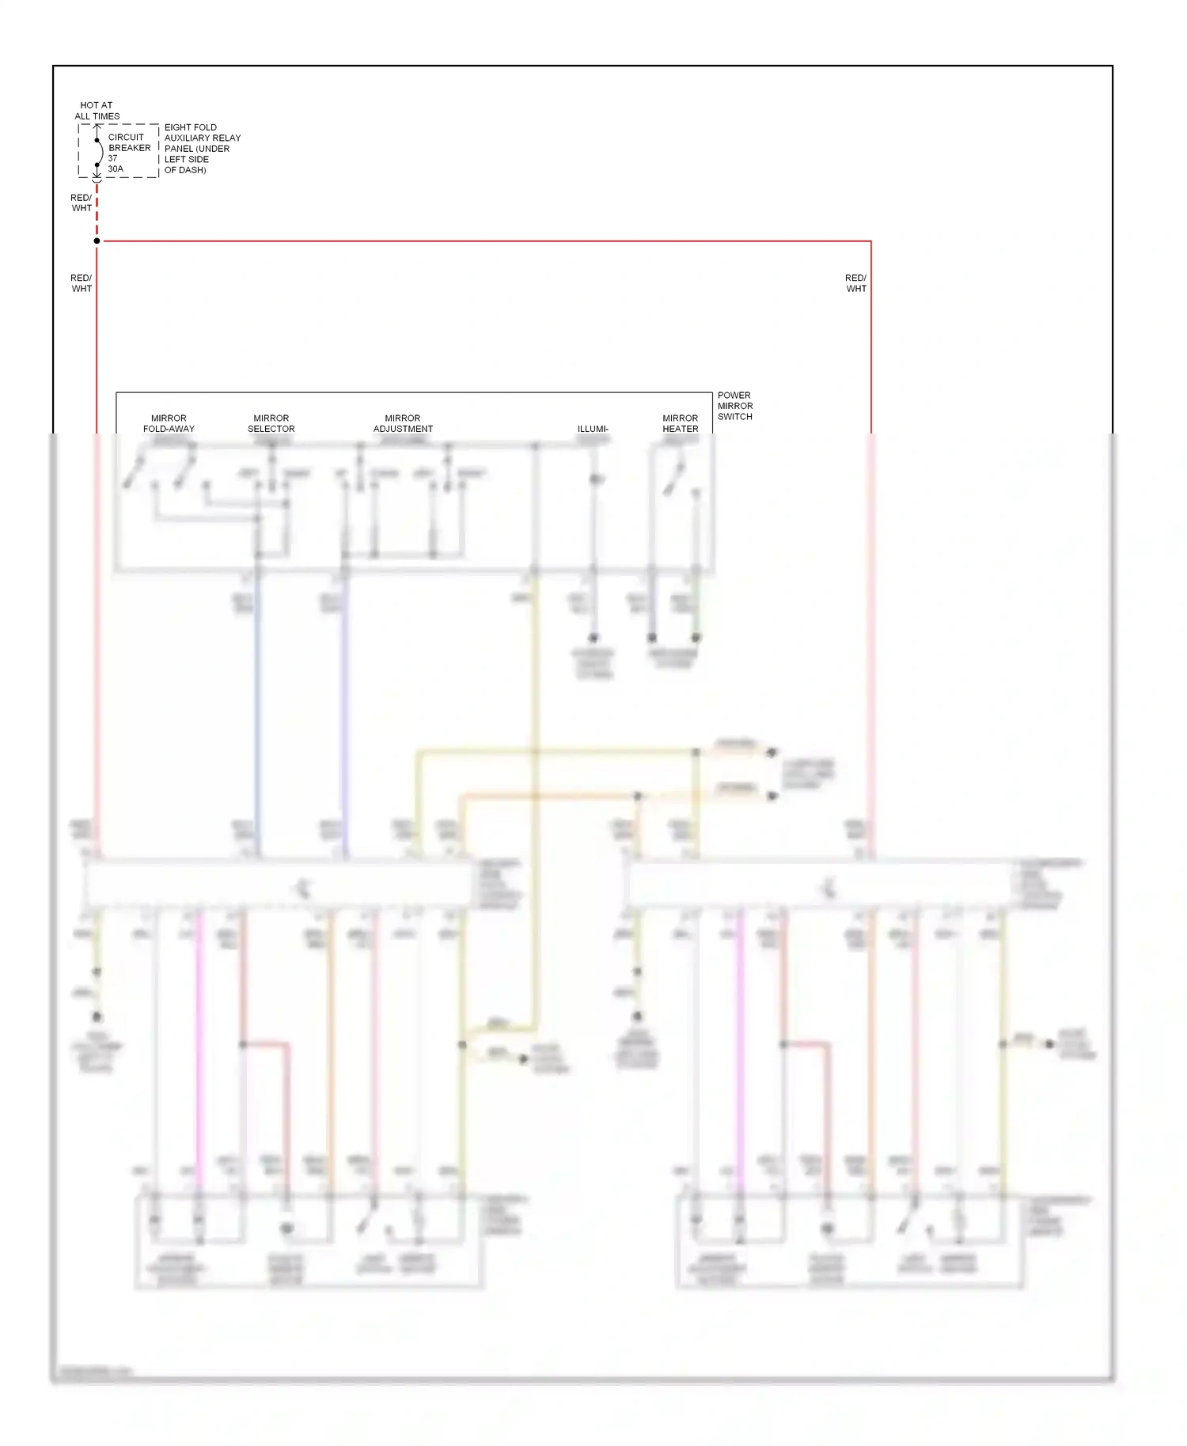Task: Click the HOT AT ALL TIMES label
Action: (x=97, y=111)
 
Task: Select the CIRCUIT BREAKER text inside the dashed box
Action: (x=129, y=142)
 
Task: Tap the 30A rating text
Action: (x=116, y=169)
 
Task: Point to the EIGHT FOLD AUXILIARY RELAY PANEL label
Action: (x=201, y=148)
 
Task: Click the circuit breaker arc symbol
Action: (x=99, y=152)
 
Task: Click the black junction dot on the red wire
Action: (x=97, y=240)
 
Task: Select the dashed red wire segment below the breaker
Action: (x=97, y=214)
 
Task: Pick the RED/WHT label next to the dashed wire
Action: (x=81, y=203)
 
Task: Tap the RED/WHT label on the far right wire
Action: (x=855, y=283)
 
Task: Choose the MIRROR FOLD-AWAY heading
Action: (x=169, y=423)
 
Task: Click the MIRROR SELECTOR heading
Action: (x=271, y=423)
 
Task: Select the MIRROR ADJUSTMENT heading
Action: (x=403, y=423)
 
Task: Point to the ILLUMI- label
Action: (x=593, y=429)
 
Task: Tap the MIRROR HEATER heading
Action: (x=680, y=423)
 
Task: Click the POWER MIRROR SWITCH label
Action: (x=734, y=406)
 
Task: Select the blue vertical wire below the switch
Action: (x=257, y=712)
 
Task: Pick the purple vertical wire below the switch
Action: (x=344, y=712)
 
